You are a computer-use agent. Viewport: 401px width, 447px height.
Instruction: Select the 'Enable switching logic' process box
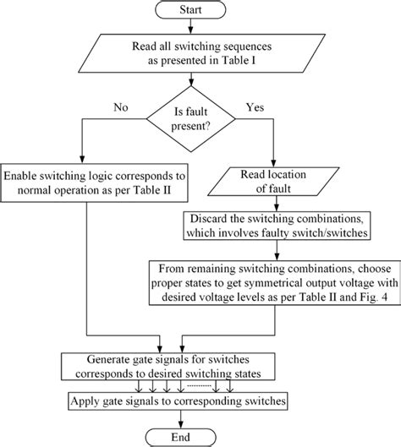pyautogui.click(x=96, y=184)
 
